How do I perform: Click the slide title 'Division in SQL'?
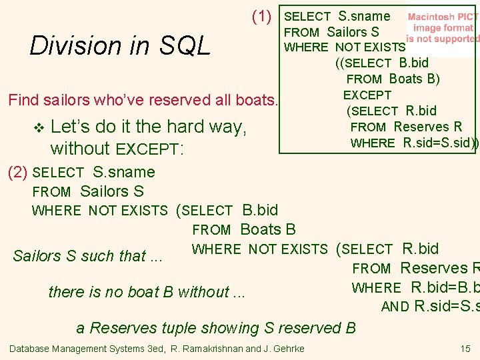[x=120, y=46]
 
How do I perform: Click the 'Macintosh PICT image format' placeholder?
[x=442, y=28]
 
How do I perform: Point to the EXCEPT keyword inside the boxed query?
[x=367, y=95]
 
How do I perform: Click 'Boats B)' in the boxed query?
[x=414, y=79]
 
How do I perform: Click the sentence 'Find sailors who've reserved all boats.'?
[x=142, y=101]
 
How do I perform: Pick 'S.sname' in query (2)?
[x=124, y=172]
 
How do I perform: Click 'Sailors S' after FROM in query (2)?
[x=111, y=191]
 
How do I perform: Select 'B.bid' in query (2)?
[x=260, y=210]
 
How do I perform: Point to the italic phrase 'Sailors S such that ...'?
[x=88, y=256]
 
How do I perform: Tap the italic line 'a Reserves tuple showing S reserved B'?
[x=216, y=327]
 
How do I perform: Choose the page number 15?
[x=465, y=349]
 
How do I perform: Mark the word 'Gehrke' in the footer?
[x=287, y=349]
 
